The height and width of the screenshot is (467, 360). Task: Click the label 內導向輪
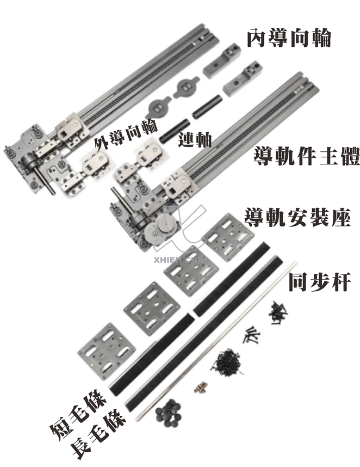(288, 38)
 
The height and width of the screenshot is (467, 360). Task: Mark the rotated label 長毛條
(100, 435)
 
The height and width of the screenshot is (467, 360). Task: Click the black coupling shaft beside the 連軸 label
(172, 131)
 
